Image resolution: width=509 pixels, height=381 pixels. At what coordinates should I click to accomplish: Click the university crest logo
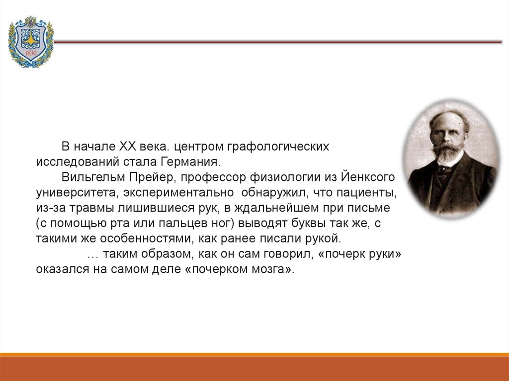tap(31, 42)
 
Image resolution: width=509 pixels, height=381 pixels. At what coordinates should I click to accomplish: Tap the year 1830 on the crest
tap(30, 53)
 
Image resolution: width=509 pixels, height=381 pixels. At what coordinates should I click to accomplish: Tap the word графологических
tap(278, 147)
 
